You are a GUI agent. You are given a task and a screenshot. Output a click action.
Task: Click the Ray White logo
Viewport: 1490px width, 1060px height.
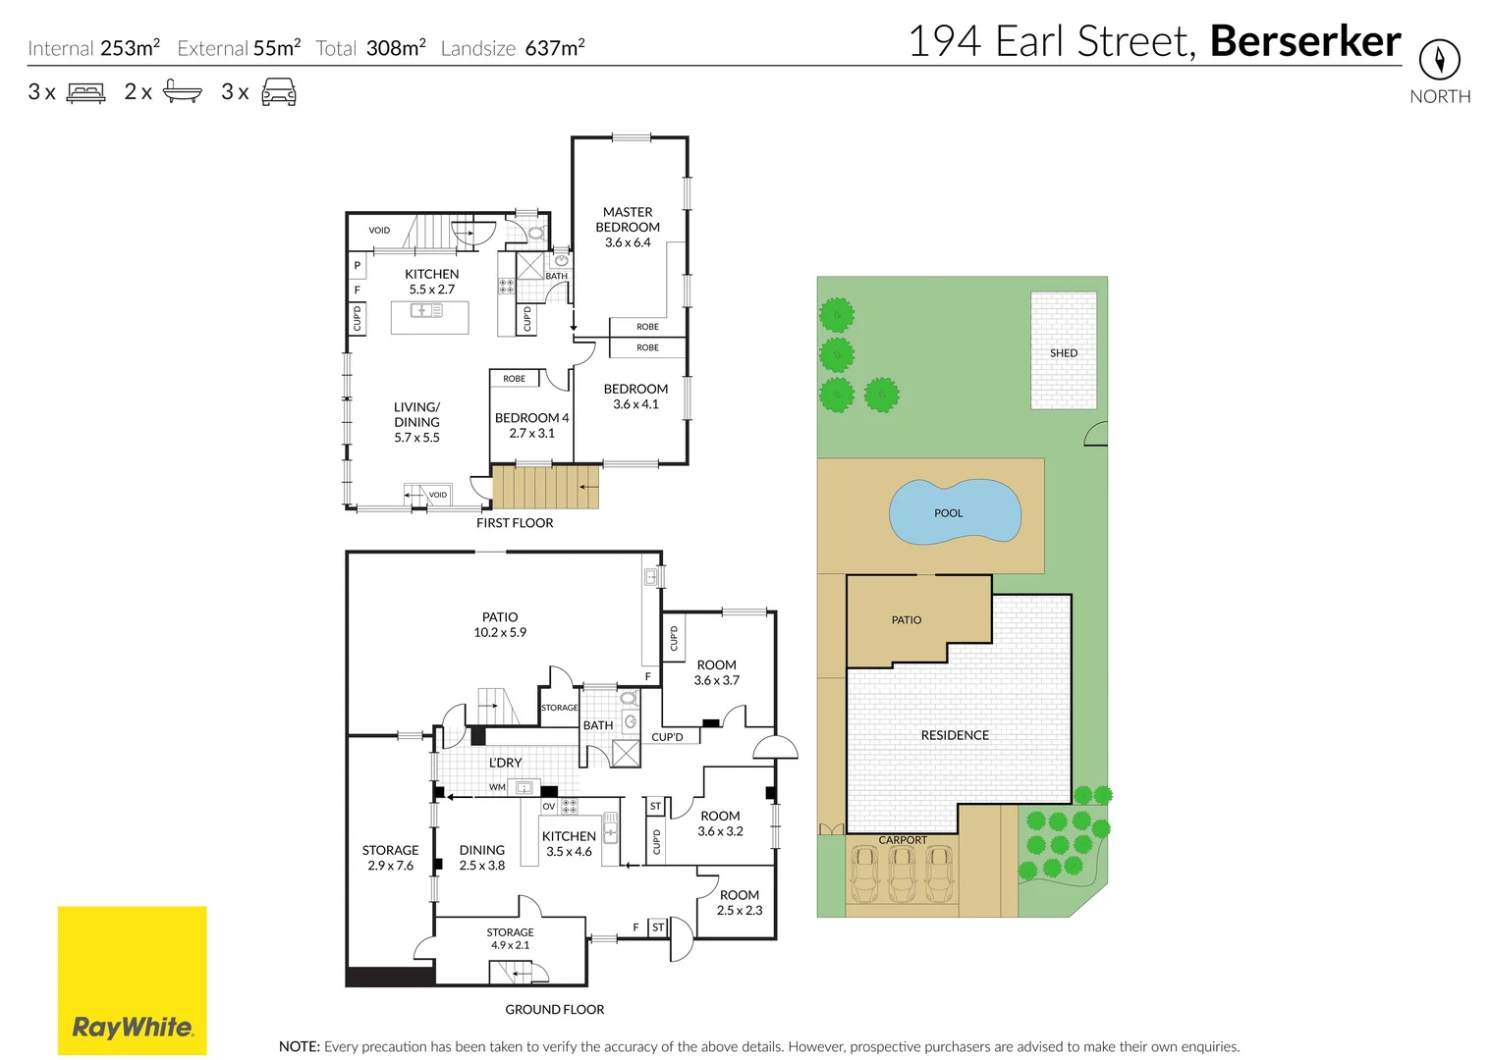pyautogui.click(x=133, y=980)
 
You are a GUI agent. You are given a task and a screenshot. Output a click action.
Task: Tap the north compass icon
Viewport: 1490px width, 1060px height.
pyautogui.click(x=1440, y=60)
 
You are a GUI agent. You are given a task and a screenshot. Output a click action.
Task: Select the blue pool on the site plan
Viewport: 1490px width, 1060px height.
pyautogui.click(x=955, y=511)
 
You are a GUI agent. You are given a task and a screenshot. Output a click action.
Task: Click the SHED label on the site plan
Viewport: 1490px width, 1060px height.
pyautogui.click(x=1064, y=353)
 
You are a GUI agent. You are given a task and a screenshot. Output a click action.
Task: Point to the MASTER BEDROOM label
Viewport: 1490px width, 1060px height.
pyautogui.click(x=628, y=219)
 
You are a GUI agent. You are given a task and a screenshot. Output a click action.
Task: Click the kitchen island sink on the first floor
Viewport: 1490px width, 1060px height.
pyautogui.click(x=426, y=310)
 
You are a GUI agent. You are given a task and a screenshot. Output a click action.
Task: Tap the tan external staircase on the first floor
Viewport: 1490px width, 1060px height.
pyautogui.click(x=545, y=487)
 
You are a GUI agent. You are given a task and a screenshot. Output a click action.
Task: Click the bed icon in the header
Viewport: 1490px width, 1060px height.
pyautogui.click(x=85, y=91)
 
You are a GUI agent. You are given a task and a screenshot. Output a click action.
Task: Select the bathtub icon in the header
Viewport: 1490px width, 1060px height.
pyautogui.click(x=183, y=91)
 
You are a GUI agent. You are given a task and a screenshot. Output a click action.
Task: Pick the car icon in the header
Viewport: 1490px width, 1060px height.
pyautogui.click(x=279, y=91)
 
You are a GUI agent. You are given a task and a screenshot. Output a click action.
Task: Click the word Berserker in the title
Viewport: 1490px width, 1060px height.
pyautogui.click(x=1305, y=41)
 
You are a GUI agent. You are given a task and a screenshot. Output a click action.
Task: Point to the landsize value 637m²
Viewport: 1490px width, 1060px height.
pyautogui.click(x=555, y=48)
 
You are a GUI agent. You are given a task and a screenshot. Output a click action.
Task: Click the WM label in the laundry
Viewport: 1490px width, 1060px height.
pyautogui.click(x=497, y=787)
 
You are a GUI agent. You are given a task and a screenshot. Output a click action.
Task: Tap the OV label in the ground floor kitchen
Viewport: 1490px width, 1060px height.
pyautogui.click(x=549, y=806)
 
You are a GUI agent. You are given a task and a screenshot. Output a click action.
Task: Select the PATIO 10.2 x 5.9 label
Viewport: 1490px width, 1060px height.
pyautogui.click(x=500, y=624)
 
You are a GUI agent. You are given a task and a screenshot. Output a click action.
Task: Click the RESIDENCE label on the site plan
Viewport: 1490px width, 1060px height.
pyautogui.click(x=955, y=735)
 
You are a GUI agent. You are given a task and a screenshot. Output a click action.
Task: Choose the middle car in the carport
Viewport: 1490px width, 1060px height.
pyautogui.click(x=902, y=874)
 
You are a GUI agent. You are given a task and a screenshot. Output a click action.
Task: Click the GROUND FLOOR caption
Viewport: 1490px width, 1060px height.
pyautogui.click(x=555, y=1010)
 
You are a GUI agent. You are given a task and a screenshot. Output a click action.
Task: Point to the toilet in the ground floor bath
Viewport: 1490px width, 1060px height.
pyautogui.click(x=629, y=698)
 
